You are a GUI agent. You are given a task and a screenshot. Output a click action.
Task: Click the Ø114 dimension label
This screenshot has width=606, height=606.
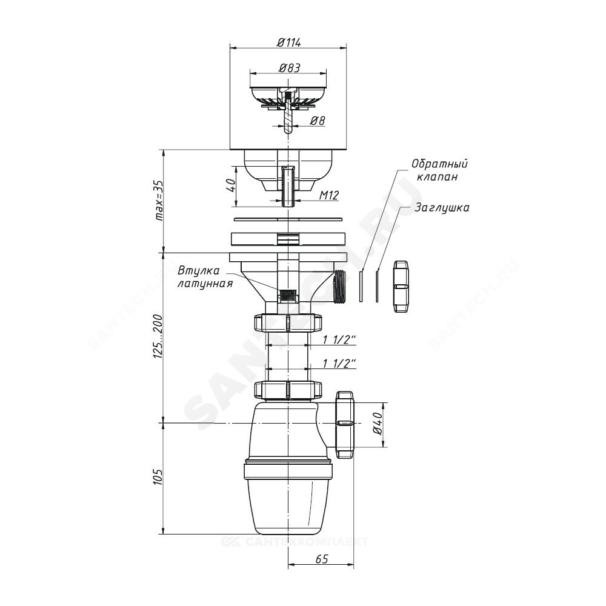pos(289,42)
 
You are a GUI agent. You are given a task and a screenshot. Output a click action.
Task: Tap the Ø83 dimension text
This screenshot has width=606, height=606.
pos(289,68)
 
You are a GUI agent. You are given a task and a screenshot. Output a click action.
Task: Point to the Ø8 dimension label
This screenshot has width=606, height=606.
pos(317,121)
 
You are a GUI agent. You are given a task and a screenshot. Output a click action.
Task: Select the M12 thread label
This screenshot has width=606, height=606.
pos(328,195)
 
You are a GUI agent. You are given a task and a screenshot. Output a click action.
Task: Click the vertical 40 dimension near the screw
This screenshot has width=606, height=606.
pos(230,185)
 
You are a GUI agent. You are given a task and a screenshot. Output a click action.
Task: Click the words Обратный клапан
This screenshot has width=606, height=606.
pos(440,170)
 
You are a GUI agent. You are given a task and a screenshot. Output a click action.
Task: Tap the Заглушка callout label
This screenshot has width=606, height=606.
pos(442,207)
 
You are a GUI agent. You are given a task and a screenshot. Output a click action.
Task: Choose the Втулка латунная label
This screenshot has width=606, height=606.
pos(205,276)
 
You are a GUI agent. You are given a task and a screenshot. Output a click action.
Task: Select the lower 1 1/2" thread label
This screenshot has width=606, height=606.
pos(339,363)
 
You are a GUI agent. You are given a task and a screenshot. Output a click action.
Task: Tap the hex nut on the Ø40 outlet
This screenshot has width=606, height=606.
pos(345,424)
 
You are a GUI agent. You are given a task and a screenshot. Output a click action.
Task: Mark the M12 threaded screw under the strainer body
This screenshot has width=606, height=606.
pos(288,185)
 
